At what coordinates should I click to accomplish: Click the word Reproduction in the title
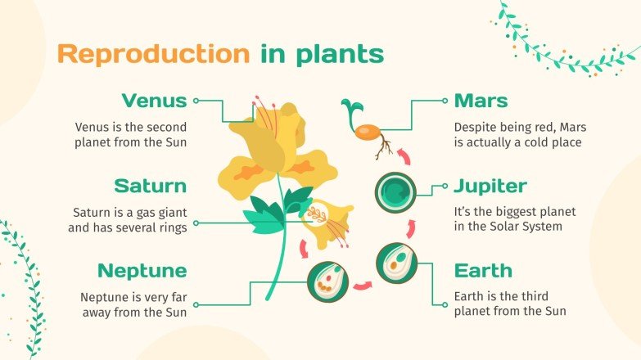(x=153, y=54)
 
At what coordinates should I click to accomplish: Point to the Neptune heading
(x=142, y=271)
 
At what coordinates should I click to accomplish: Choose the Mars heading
(x=481, y=101)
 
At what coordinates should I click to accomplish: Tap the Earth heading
(x=483, y=271)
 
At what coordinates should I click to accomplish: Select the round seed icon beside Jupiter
(x=396, y=191)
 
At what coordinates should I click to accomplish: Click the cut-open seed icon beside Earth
(x=396, y=263)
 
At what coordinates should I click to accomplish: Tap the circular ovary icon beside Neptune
(x=327, y=281)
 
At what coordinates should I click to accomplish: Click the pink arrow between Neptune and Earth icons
(x=362, y=286)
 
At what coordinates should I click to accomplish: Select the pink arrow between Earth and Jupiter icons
(x=411, y=227)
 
